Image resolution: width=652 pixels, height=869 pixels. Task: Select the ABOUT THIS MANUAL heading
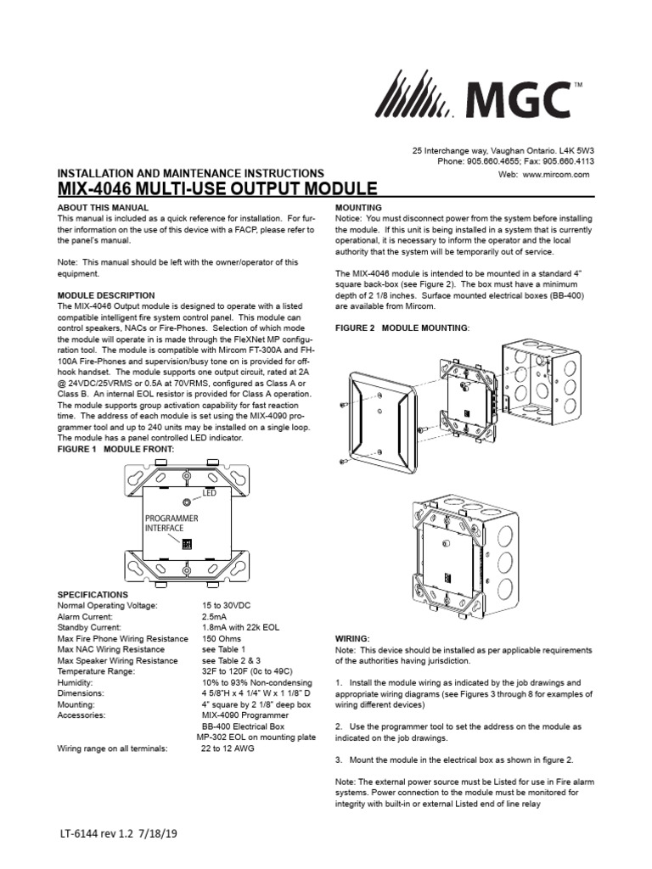click(102, 207)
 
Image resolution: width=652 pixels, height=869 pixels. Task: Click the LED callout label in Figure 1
click(209, 492)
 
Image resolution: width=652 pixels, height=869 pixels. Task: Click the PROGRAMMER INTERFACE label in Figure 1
click(171, 523)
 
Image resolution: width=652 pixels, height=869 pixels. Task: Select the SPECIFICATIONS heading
click(93, 595)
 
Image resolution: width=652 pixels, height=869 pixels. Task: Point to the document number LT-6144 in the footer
click(86, 834)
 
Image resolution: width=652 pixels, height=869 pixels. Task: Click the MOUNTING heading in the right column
click(359, 207)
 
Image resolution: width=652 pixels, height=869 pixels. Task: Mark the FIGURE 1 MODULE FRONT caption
click(115, 448)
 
